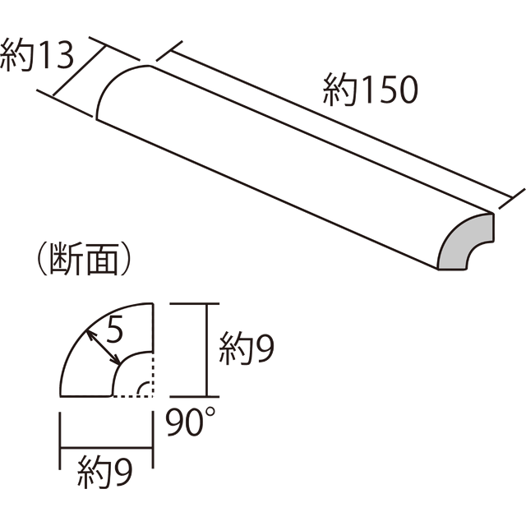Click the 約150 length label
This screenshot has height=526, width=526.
click(x=371, y=90)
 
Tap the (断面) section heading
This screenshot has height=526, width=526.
click(x=83, y=259)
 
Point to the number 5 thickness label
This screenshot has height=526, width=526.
click(x=115, y=330)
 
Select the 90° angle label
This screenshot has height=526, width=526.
click(x=191, y=422)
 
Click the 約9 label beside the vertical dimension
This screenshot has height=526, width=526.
click(x=247, y=348)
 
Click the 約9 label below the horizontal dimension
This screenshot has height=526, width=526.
click(x=105, y=473)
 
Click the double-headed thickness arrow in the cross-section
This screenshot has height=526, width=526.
click(x=103, y=348)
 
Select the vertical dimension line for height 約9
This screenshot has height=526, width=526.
click(x=207, y=350)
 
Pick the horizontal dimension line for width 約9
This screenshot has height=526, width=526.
click(x=106, y=447)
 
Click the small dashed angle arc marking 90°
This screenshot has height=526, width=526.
click(x=143, y=387)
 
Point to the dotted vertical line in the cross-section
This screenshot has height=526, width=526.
click(x=153, y=376)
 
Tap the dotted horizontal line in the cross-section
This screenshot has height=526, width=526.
click(x=133, y=396)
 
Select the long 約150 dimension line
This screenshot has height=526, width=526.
click(x=342, y=124)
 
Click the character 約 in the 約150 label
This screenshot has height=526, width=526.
click(x=339, y=90)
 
